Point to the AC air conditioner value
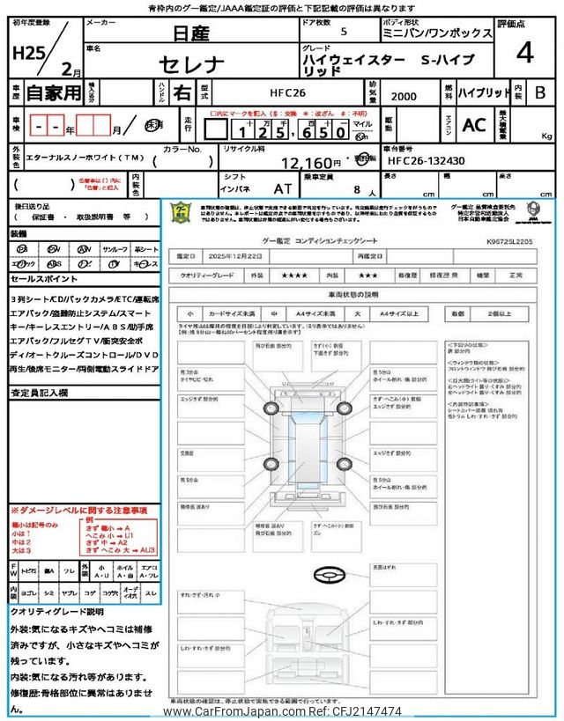474,125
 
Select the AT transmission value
282,188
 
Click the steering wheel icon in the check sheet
329,576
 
